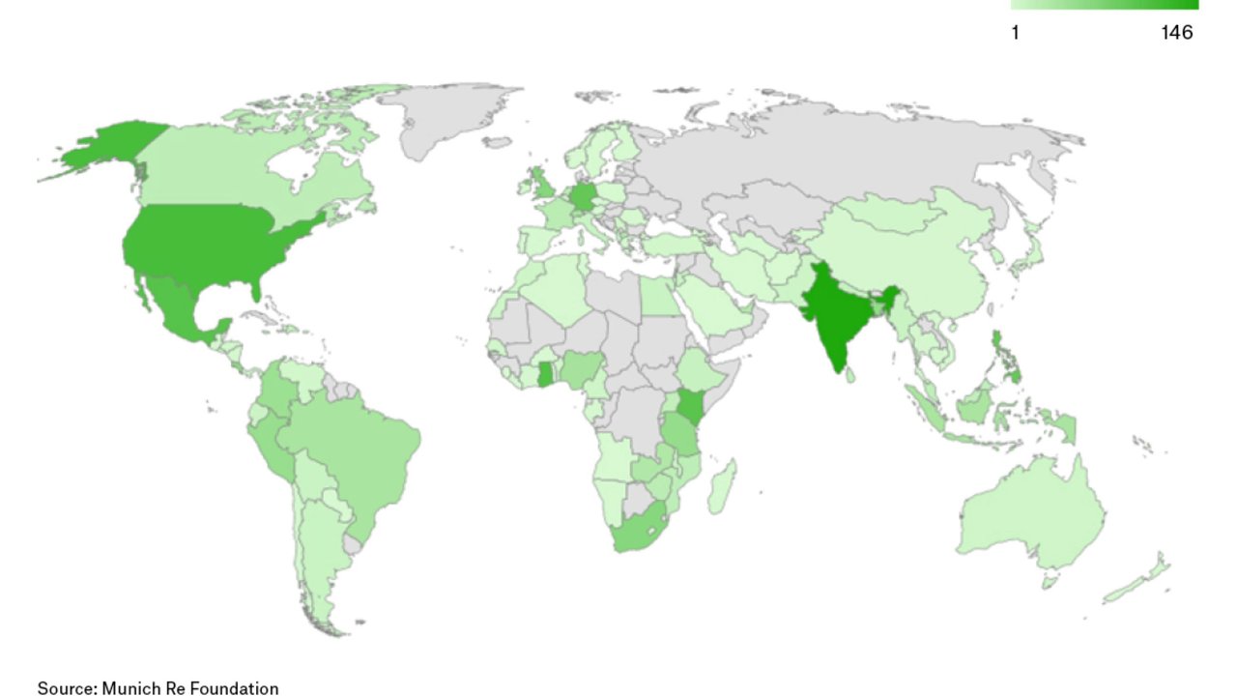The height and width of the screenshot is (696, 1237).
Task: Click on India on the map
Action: coord(832,319)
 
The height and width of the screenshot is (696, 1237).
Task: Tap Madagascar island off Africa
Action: coord(721,488)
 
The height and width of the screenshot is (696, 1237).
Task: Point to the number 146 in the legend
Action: coord(1176,33)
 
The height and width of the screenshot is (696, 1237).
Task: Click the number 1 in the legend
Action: coord(1015,33)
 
